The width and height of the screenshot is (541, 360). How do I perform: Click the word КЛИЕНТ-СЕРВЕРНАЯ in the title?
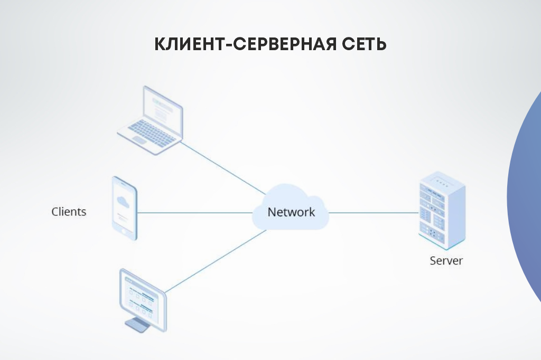[245, 44]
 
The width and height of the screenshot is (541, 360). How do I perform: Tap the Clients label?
[69, 211]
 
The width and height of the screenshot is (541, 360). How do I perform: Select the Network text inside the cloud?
[291, 212]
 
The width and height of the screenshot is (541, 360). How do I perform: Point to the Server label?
[446, 260]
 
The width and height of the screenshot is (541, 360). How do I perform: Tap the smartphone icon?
[125, 209]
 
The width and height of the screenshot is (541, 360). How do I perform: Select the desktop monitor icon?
[143, 300]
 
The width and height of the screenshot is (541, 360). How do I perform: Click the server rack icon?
[442, 210]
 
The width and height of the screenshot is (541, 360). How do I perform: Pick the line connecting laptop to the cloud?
[223, 168]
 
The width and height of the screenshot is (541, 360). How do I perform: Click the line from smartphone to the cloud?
[195, 213]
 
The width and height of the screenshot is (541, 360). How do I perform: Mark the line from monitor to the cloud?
[216, 261]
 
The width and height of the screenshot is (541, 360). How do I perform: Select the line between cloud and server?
[374, 213]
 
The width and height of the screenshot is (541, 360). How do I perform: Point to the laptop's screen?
[163, 107]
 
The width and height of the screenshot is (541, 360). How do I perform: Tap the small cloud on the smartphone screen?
[123, 201]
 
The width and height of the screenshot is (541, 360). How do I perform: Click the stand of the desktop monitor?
[138, 325]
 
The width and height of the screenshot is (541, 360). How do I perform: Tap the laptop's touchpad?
[140, 140]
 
